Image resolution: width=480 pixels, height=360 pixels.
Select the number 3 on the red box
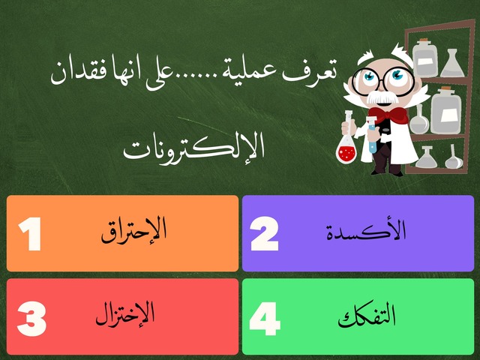coord(31,319)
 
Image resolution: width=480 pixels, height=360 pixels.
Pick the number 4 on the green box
coord(265,319)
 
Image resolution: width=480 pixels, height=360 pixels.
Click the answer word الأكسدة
coord(367,231)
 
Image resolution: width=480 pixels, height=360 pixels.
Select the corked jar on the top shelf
coord(425,55)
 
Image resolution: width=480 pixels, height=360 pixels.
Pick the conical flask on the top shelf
coord(453,64)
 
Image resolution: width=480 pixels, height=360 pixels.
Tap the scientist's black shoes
coord(387,171)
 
